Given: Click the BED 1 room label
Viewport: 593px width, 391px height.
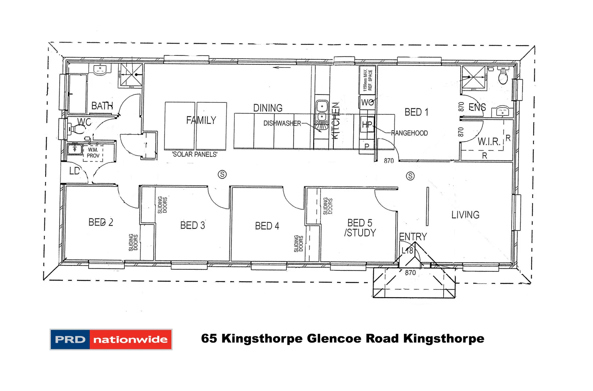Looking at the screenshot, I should (417, 112).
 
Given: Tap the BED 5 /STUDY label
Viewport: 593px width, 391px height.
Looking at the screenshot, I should (360, 228).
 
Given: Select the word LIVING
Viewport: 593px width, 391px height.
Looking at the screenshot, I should (465, 215).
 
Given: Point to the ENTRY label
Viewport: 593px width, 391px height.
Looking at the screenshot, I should (413, 237).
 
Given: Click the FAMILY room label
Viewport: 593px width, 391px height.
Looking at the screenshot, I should (201, 120).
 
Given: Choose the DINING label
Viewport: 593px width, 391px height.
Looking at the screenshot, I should (268, 108).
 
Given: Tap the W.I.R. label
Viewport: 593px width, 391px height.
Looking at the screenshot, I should (489, 142).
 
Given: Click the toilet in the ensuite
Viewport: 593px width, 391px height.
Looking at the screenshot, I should (503, 76).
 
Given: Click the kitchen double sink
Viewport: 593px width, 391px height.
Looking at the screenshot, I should (321, 111).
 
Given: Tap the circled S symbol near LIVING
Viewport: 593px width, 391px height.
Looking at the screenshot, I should (410, 176).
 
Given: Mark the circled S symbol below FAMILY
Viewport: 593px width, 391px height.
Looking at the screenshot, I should (222, 175).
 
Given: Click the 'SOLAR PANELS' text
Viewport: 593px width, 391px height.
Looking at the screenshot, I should (195, 155).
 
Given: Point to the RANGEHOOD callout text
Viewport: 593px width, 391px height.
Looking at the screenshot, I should (409, 133).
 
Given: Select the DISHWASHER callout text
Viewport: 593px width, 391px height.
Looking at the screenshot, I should (282, 123).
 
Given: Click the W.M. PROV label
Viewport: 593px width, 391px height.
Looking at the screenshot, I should (93, 152).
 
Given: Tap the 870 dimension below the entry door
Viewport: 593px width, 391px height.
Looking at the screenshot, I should (410, 273).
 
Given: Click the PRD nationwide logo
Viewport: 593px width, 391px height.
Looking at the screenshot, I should (111, 339).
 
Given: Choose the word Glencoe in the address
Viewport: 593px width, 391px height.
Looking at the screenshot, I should (334, 339).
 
